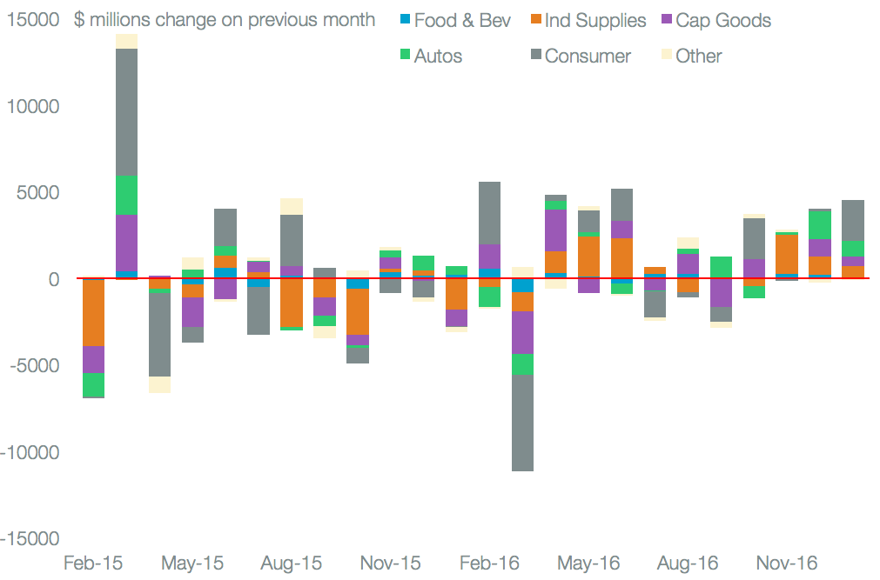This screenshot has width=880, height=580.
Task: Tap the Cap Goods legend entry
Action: click(713, 19)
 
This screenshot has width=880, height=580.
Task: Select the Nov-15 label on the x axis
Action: click(390, 563)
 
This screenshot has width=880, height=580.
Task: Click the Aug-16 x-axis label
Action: click(688, 563)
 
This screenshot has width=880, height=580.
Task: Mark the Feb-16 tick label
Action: click(489, 563)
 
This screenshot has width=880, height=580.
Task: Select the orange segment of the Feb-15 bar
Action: click(94, 312)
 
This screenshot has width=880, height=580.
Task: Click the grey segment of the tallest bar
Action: click(127, 112)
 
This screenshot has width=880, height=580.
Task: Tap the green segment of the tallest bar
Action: click(127, 195)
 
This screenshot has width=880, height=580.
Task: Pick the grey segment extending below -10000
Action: click(522, 423)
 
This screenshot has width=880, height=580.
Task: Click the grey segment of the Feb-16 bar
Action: click(489, 213)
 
